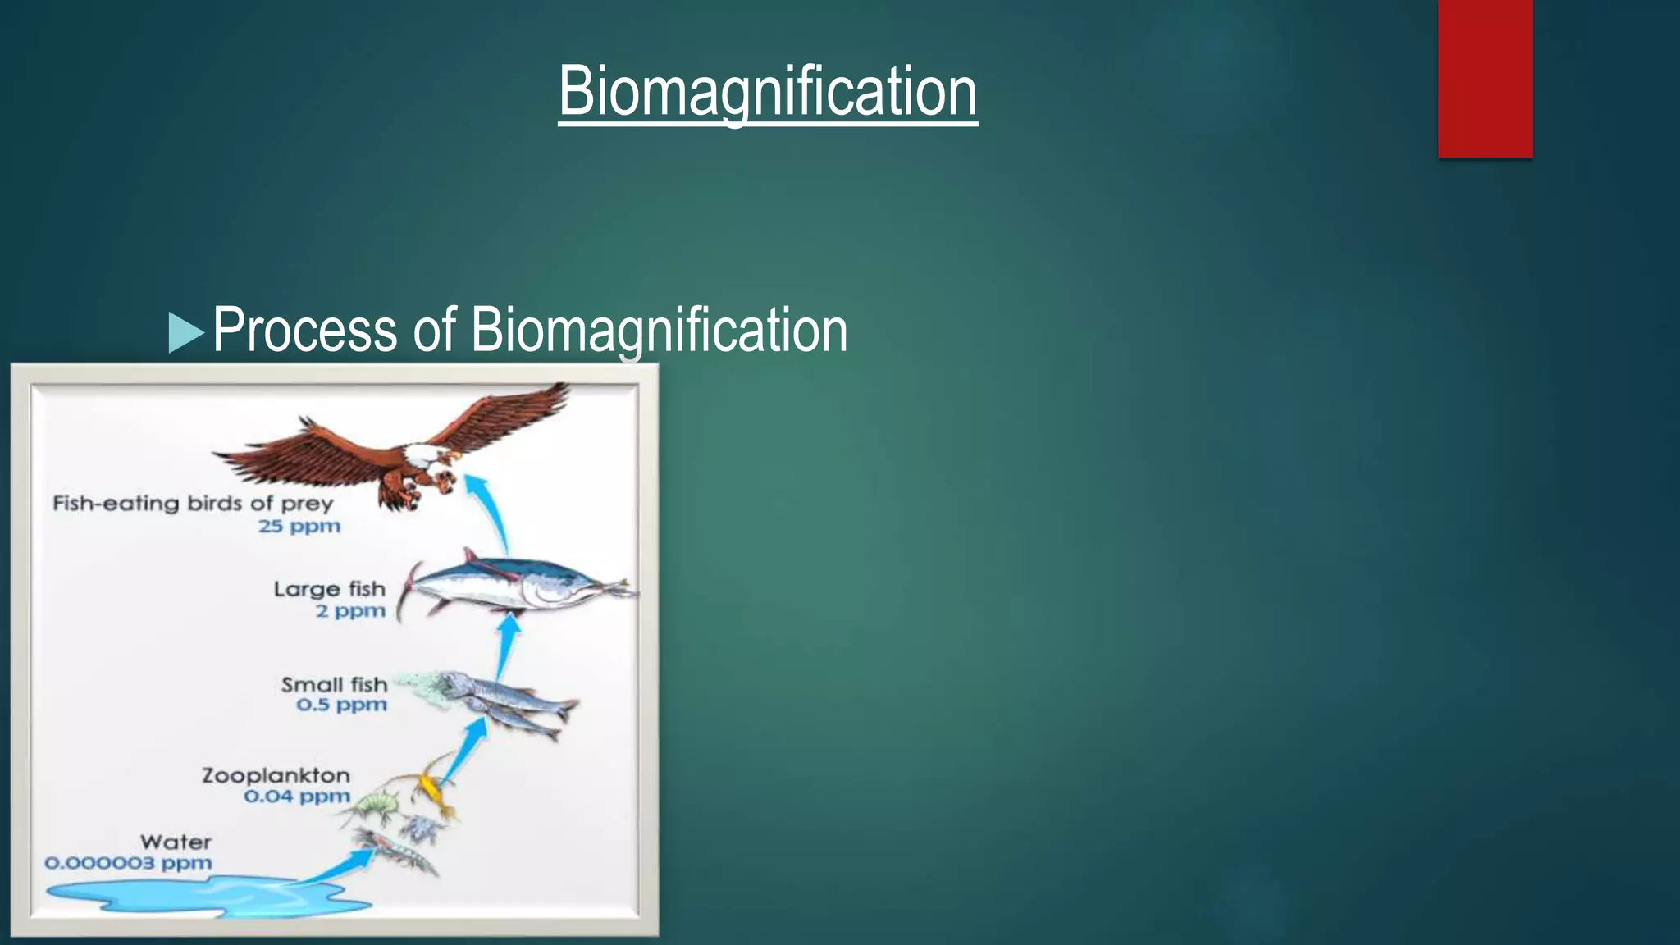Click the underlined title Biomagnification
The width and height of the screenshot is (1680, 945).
click(768, 92)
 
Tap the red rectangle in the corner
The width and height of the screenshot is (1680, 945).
click(1485, 78)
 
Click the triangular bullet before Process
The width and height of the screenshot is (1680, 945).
click(185, 332)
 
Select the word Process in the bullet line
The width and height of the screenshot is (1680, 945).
click(305, 330)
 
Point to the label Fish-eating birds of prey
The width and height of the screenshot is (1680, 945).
click(193, 503)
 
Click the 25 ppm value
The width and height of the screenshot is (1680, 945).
click(299, 526)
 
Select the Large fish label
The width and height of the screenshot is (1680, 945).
click(329, 589)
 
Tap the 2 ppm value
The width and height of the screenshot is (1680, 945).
click(350, 611)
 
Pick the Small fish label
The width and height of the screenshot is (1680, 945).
click(334, 684)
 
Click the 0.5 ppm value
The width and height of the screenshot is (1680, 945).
click(341, 705)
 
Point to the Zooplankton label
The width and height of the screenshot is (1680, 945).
click(276, 775)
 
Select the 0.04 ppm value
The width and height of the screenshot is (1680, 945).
click(297, 797)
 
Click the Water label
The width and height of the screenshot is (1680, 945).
click(176, 842)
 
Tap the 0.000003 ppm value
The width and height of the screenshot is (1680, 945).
click(129, 863)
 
